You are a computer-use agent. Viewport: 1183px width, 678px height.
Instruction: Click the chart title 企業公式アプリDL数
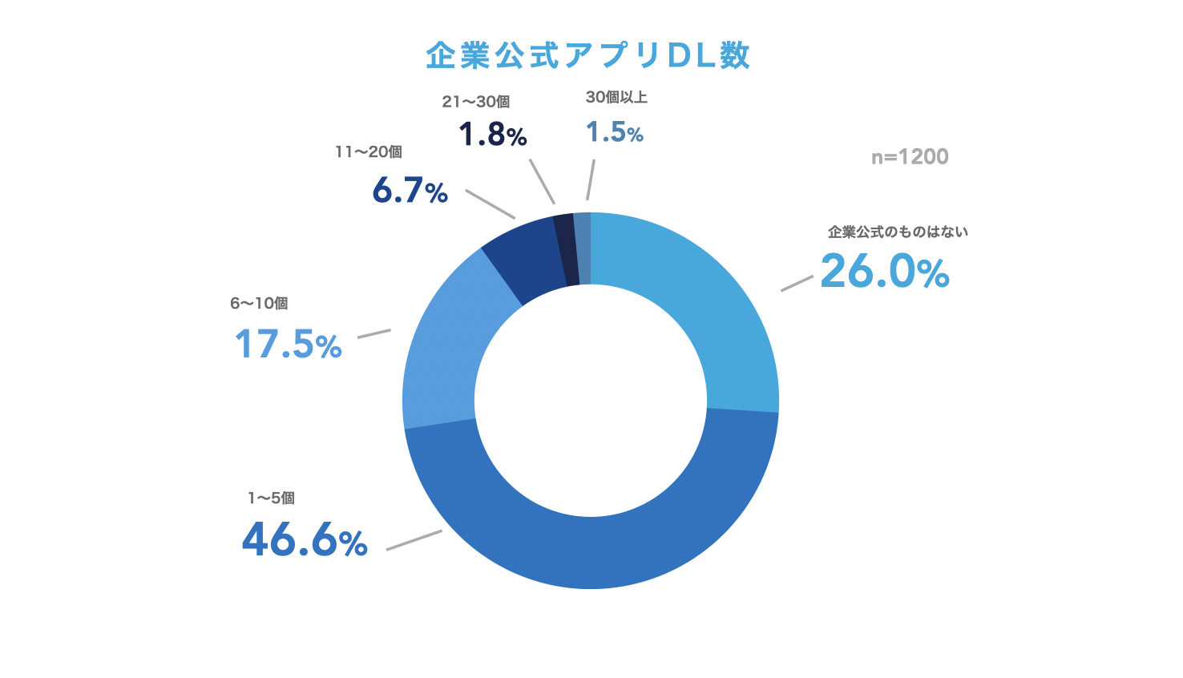click(x=587, y=55)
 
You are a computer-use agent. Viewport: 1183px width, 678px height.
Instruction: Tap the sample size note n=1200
click(x=910, y=157)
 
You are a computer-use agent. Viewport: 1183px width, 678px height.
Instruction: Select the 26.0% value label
click(x=885, y=271)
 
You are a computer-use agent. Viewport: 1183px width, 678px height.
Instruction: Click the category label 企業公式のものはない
click(x=898, y=232)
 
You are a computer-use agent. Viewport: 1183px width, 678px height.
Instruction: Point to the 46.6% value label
click(x=305, y=539)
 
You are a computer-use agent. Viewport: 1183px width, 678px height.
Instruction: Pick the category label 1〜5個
click(x=271, y=498)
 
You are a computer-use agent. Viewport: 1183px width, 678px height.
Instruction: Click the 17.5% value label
click(x=288, y=345)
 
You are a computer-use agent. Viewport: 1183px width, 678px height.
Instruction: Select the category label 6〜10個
click(x=259, y=303)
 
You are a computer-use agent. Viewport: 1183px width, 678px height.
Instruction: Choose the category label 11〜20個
click(x=369, y=151)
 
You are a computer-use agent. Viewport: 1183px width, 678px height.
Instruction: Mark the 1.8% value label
click(x=492, y=135)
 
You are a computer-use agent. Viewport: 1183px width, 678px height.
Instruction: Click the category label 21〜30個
click(x=476, y=102)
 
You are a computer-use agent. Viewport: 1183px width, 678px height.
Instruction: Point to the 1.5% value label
click(x=614, y=132)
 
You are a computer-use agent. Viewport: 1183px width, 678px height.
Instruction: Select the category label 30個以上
click(x=616, y=97)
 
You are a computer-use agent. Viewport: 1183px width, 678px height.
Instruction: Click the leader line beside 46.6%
click(x=414, y=539)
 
